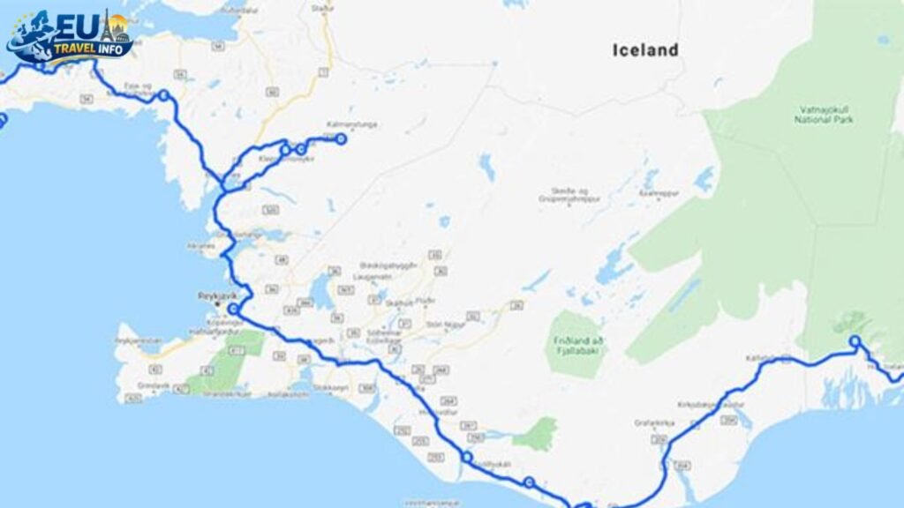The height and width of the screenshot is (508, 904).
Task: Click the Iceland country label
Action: pyautogui.click(x=645, y=50)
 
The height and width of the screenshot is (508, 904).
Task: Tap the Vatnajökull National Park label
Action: pyautogui.click(x=823, y=114)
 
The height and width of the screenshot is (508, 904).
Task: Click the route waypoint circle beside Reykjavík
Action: pyautogui.click(x=233, y=309)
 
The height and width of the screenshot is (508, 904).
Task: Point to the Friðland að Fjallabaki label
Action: pyautogui.click(x=578, y=343)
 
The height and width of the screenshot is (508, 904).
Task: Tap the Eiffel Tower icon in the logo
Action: pyautogui.click(x=107, y=26)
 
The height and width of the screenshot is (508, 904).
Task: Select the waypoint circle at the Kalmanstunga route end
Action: pyautogui.click(x=341, y=138)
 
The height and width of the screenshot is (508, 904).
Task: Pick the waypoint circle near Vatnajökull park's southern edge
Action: pyautogui.click(x=855, y=341)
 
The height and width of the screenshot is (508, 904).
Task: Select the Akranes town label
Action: pyautogui.click(x=201, y=245)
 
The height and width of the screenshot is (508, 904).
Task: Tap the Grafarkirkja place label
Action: pyautogui.click(x=647, y=422)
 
